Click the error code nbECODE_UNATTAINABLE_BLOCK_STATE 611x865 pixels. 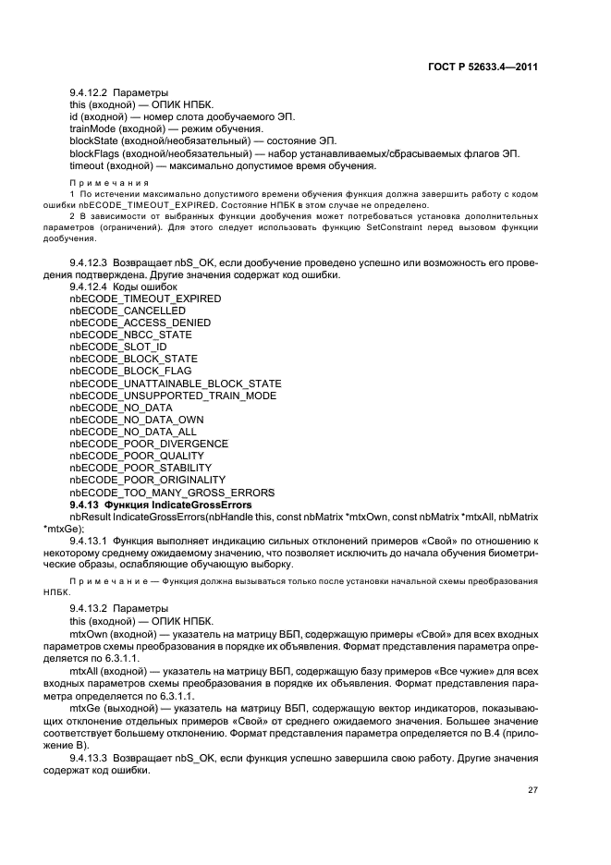[x=175, y=384]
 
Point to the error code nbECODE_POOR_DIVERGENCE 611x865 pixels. [x=148, y=444]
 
